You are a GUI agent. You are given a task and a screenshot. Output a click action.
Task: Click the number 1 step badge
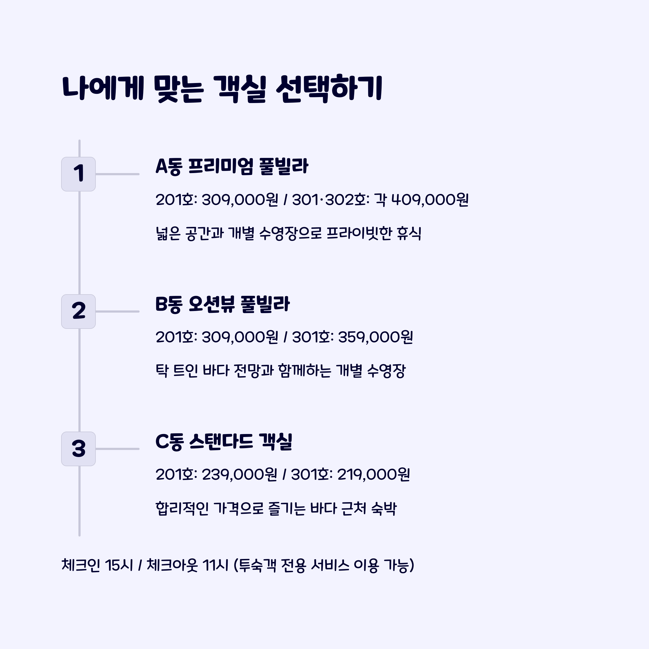tap(78, 174)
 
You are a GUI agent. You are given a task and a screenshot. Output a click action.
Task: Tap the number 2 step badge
tap(78, 312)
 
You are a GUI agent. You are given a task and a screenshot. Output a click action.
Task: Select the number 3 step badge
tap(78, 449)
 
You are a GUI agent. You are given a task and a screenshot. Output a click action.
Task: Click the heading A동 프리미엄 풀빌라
tap(232, 166)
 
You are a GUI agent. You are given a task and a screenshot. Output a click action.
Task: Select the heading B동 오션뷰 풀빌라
tap(222, 304)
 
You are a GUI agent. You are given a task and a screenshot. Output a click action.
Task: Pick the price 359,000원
tap(376, 337)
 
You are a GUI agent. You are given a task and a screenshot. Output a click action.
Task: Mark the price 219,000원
tap(373, 475)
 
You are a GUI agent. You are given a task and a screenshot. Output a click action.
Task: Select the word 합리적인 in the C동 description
tap(182, 508)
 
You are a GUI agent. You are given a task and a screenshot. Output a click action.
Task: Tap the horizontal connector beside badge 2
tap(117, 312)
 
